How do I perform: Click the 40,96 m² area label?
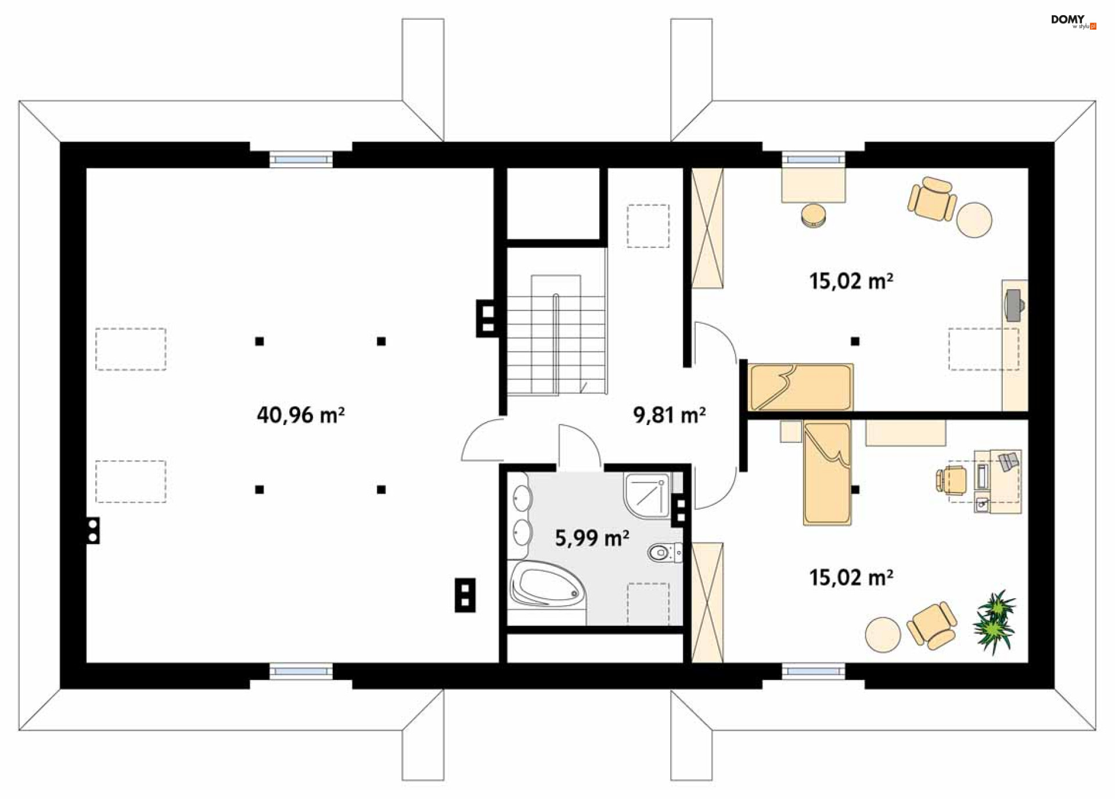coord(301,415)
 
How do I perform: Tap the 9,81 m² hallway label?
coord(669,415)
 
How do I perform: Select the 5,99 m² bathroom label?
coord(592,538)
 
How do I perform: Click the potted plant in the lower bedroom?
coord(995,621)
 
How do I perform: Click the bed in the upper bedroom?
coord(800,387)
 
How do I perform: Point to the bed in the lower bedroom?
coord(827,473)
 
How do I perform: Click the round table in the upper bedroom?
coord(974,219)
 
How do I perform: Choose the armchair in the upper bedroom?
coord(932,199)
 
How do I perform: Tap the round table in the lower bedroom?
coord(883,635)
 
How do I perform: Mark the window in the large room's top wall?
coord(301,159)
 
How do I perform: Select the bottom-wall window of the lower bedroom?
coord(813,671)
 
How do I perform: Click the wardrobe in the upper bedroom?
coord(707,228)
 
